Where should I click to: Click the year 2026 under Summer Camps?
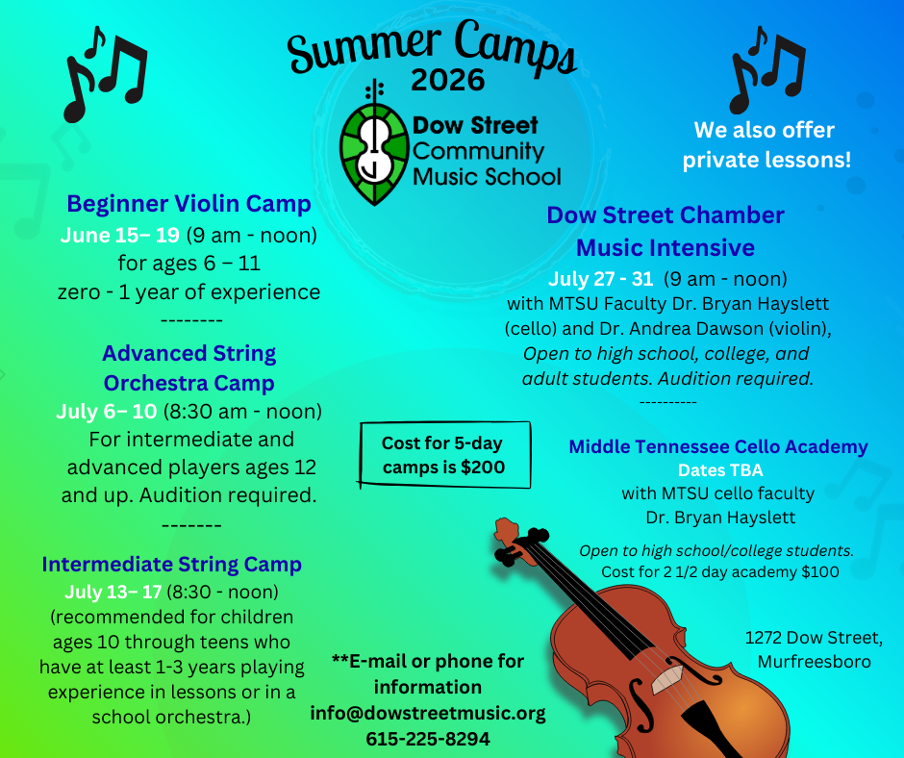[x=448, y=80]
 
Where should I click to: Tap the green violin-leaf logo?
[x=375, y=147]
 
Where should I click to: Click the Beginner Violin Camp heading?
[x=189, y=204]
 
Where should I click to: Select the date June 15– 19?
[x=120, y=236]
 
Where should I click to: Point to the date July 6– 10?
[x=107, y=412]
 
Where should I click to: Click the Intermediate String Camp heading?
[x=172, y=565]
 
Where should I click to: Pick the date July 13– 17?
[x=113, y=592]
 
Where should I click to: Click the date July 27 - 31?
[x=600, y=279]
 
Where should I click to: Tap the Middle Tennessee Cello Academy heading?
[x=718, y=447]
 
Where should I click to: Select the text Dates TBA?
[x=720, y=470]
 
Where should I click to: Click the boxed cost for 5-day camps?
[x=444, y=455]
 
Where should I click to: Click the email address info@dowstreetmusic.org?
[x=428, y=713]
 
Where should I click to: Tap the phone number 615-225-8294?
[x=428, y=739]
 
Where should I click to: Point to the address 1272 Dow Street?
[x=814, y=638]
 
